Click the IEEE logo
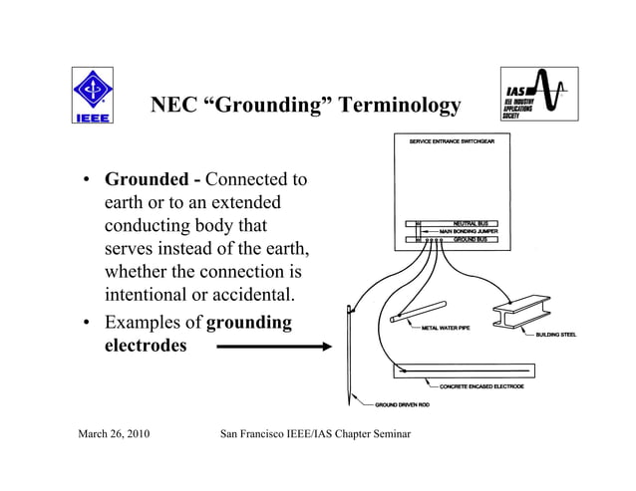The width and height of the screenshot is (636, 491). [92, 96]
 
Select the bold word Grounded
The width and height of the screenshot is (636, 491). [147, 180]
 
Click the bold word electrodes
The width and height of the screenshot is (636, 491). [146, 347]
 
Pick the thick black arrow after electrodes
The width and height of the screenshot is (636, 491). [273, 347]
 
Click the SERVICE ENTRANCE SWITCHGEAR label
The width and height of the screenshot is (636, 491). [459, 141]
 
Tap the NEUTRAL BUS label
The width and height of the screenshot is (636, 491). [470, 223]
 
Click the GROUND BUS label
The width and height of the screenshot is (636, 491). [470, 239]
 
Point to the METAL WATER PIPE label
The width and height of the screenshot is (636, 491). [446, 328]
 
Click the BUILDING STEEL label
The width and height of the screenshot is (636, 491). [556, 335]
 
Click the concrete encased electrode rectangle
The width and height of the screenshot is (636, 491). [463, 370]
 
